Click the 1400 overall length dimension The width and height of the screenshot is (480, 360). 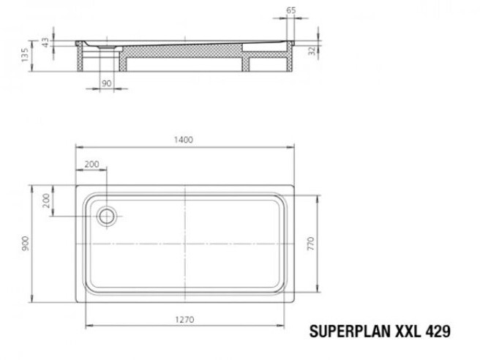click(x=184, y=140)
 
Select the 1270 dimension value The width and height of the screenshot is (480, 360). click(x=184, y=320)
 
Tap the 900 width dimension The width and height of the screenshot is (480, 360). click(x=26, y=244)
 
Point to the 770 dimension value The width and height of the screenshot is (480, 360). click(x=311, y=244)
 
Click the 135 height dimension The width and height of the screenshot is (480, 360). click(x=25, y=55)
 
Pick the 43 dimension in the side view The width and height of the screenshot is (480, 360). click(x=45, y=42)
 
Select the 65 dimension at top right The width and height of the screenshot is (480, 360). click(x=291, y=10)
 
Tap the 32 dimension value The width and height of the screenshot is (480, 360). click(x=312, y=50)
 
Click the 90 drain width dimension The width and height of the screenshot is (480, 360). click(x=106, y=83)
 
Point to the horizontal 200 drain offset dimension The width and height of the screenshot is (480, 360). click(x=92, y=165)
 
